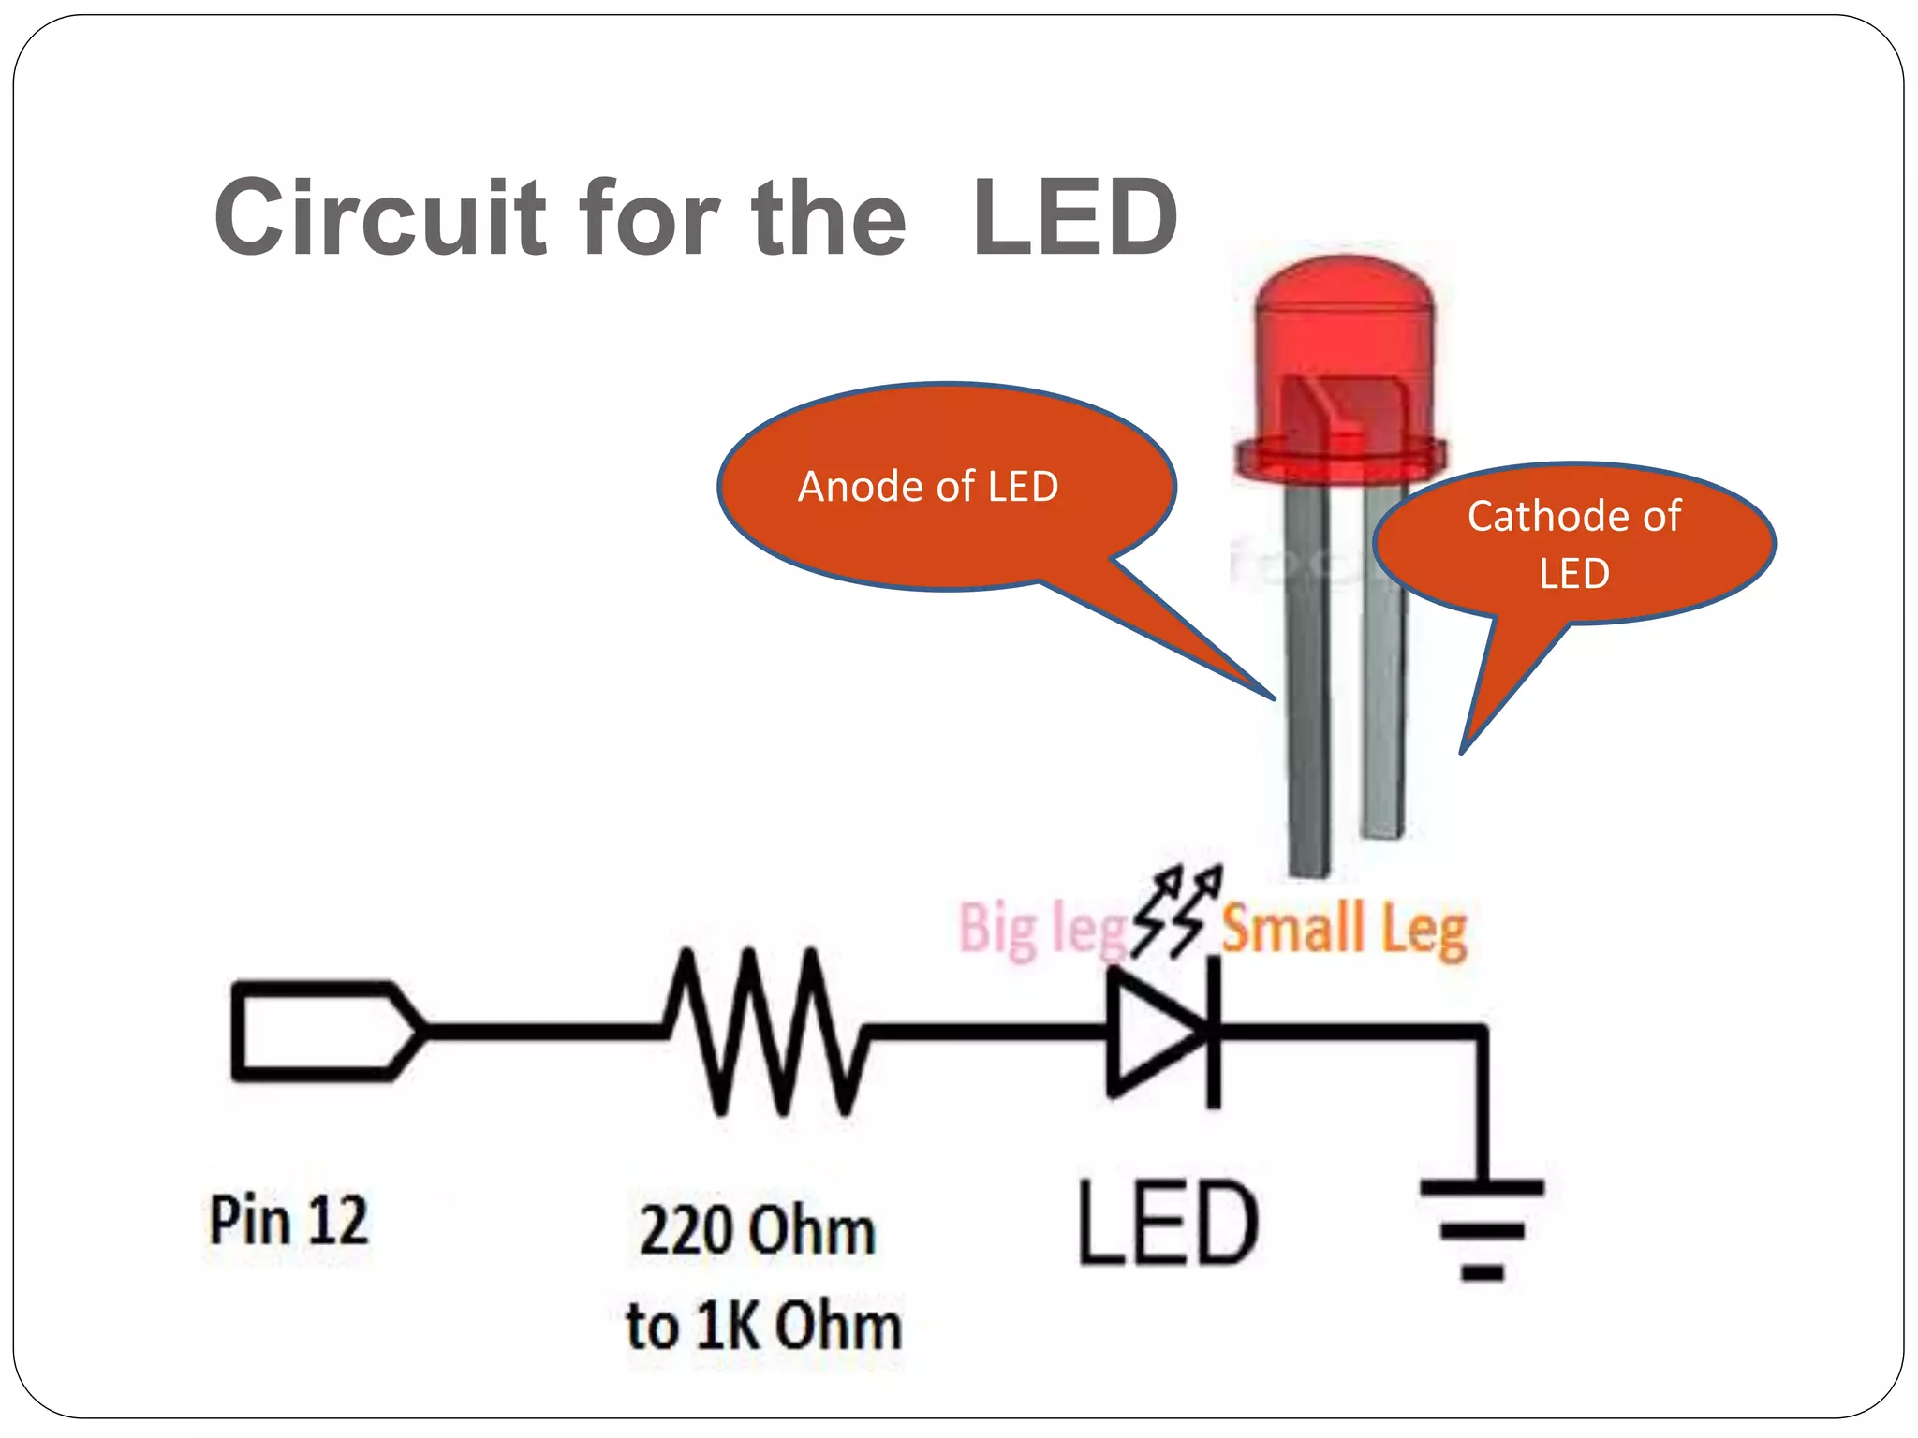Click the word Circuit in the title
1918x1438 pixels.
[379, 217]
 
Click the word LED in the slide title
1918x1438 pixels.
[1075, 217]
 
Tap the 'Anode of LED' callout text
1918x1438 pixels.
[927, 487]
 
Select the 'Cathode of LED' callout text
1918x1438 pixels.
[1573, 543]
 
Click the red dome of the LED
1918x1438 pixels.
[1344, 318]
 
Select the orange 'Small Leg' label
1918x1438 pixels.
[1344, 929]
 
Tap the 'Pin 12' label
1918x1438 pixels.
[288, 1221]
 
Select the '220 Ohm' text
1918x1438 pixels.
[757, 1230]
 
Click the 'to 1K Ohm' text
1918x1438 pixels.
[763, 1326]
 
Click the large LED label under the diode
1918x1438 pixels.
[1168, 1223]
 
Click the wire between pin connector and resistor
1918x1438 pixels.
[543, 1032]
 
